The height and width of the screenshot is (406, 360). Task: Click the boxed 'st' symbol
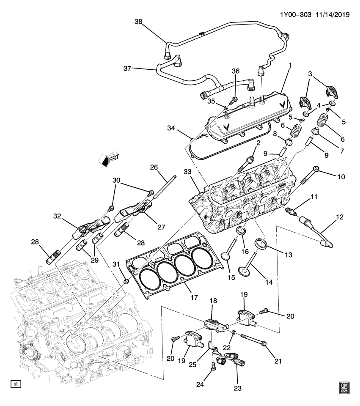coord(16,384)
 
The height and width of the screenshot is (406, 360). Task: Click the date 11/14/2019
coord(332,14)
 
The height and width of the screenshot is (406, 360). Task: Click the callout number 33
coord(188,172)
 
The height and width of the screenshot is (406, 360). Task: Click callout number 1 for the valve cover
coord(290,65)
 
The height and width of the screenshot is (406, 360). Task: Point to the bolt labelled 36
coord(234,100)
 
